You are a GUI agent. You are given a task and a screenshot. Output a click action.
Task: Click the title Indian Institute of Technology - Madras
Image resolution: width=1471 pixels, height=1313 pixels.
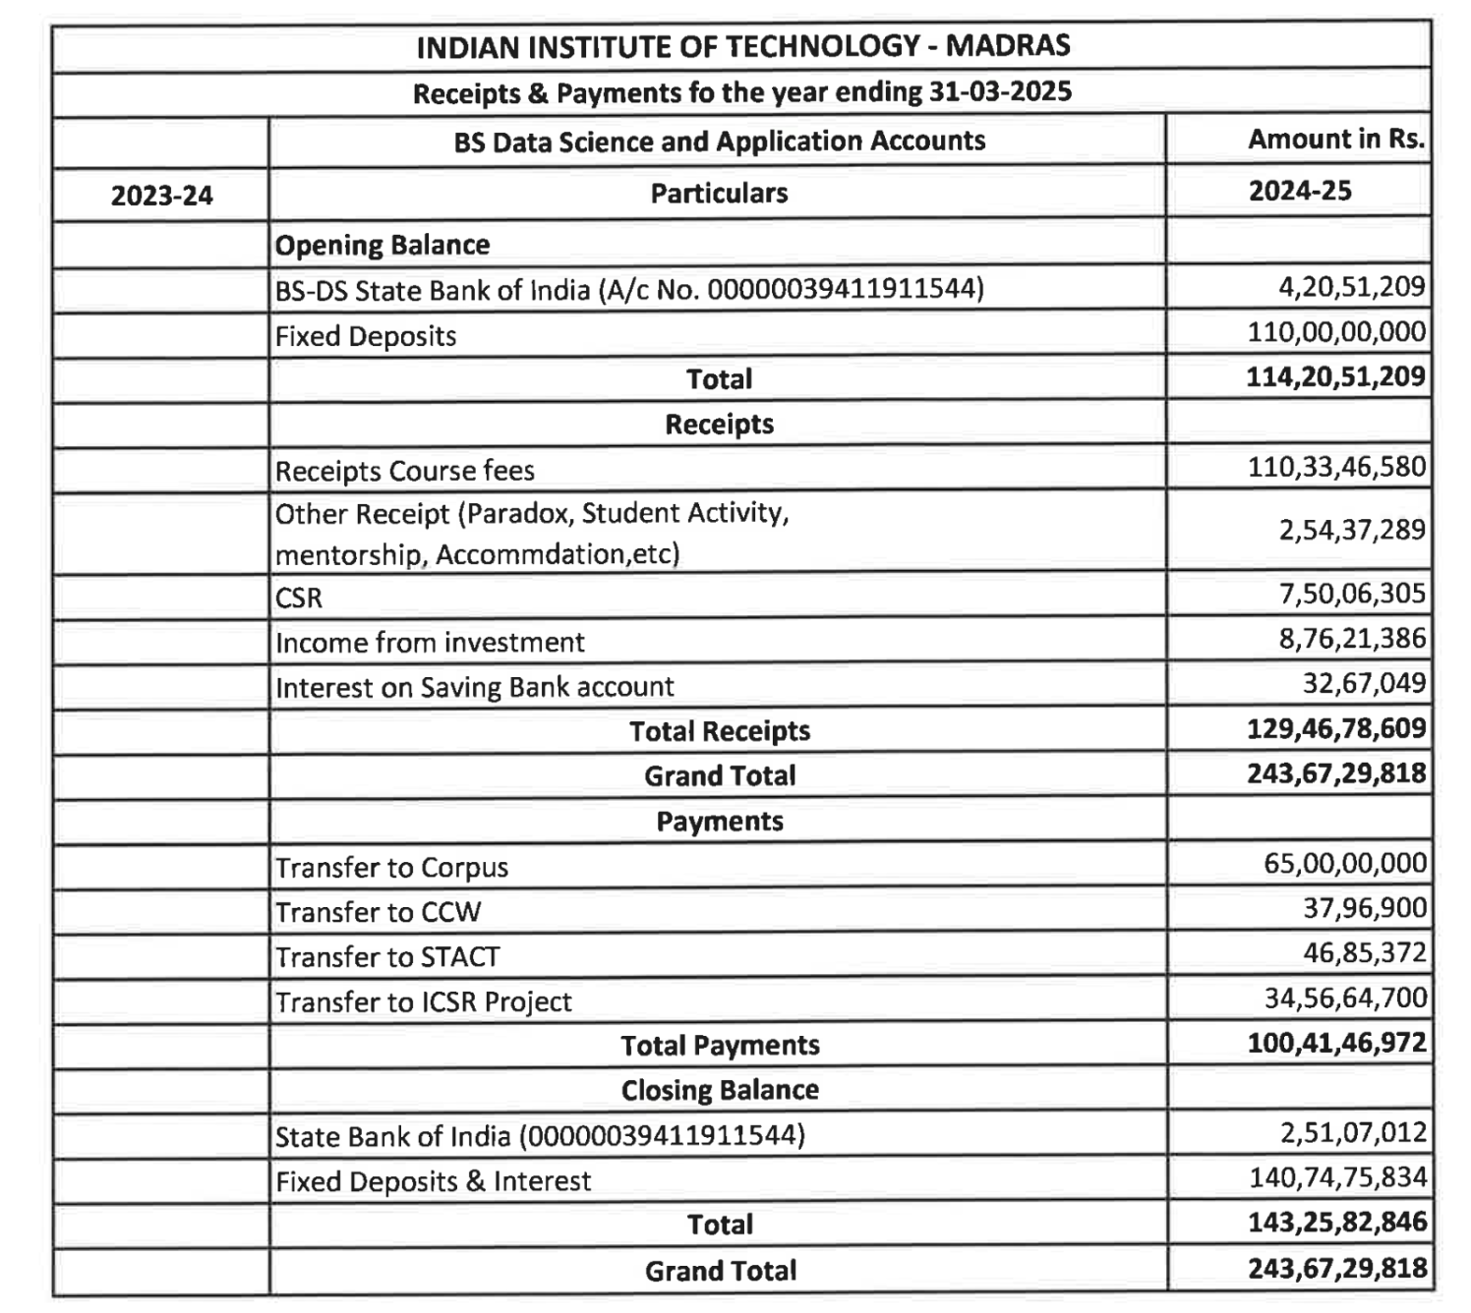[742, 46]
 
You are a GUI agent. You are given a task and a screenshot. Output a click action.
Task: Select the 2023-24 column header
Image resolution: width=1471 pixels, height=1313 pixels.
[161, 196]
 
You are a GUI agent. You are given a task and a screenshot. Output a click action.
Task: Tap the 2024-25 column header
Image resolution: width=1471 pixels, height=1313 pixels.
[1299, 191]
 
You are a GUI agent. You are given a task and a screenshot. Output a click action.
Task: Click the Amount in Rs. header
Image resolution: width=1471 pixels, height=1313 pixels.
[1335, 140]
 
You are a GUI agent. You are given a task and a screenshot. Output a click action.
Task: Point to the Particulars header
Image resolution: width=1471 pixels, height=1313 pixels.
[719, 193]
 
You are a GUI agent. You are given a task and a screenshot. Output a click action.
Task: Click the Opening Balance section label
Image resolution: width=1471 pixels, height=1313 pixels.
[382, 245]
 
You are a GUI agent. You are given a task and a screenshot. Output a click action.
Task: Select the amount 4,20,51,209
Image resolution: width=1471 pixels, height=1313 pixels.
[1351, 287]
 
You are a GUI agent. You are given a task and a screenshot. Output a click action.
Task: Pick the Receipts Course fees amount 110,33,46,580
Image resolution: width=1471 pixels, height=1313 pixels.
[1336, 467]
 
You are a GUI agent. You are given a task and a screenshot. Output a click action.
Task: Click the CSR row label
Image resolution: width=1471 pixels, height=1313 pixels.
[299, 598]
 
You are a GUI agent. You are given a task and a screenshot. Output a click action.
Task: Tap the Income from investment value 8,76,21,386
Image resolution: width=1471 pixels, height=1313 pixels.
[1351, 639]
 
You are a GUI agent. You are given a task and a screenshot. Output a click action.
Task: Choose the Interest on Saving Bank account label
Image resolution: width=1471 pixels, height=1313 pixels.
[474, 687]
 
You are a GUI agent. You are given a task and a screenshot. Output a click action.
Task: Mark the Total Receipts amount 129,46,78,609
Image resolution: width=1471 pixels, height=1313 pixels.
[1336, 728]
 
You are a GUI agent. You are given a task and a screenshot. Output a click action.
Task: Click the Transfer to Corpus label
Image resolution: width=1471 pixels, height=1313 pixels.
[391, 868]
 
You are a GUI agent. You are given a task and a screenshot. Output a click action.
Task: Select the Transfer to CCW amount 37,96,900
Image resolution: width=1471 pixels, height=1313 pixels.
[1365, 908]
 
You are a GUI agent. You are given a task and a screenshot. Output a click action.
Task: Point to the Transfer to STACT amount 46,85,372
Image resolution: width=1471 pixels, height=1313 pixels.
[1365, 952]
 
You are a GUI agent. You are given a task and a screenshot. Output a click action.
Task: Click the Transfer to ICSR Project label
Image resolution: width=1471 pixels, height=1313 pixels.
[423, 1001]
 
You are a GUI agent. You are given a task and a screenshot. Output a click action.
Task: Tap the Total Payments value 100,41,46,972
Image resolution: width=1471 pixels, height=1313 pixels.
[1336, 1043]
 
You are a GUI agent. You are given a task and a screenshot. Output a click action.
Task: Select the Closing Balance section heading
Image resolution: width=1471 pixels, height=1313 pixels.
[720, 1090]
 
